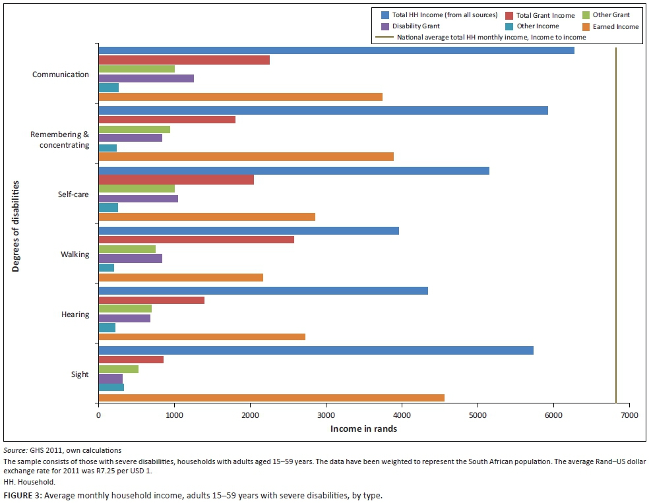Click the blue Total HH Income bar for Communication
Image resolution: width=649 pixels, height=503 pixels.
pyautogui.click(x=336, y=51)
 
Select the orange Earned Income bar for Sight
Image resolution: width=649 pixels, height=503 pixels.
pyautogui.click(x=271, y=398)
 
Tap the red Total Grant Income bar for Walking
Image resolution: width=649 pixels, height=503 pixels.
pyautogui.click(x=196, y=239)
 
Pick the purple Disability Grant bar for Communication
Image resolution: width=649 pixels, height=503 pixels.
pyautogui.click(x=146, y=78)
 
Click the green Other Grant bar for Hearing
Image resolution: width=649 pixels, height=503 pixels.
pyautogui.click(x=125, y=309)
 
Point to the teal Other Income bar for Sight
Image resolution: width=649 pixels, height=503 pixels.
pyautogui.click(x=111, y=387)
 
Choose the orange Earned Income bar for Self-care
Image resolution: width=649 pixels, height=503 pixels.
pyautogui.click(x=206, y=217)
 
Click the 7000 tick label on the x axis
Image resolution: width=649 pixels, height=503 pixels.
pyautogui.click(x=629, y=415)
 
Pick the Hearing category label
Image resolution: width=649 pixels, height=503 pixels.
pyautogui.click(x=75, y=314)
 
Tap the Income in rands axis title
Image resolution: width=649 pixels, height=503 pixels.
pyautogui.click(x=363, y=429)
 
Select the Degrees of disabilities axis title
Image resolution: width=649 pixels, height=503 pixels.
pyautogui.click(x=15, y=225)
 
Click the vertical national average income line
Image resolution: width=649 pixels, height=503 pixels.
pyautogui.click(x=615, y=224)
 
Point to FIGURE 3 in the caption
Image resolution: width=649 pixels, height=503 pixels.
pyautogui.click(x=23, y=494)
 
